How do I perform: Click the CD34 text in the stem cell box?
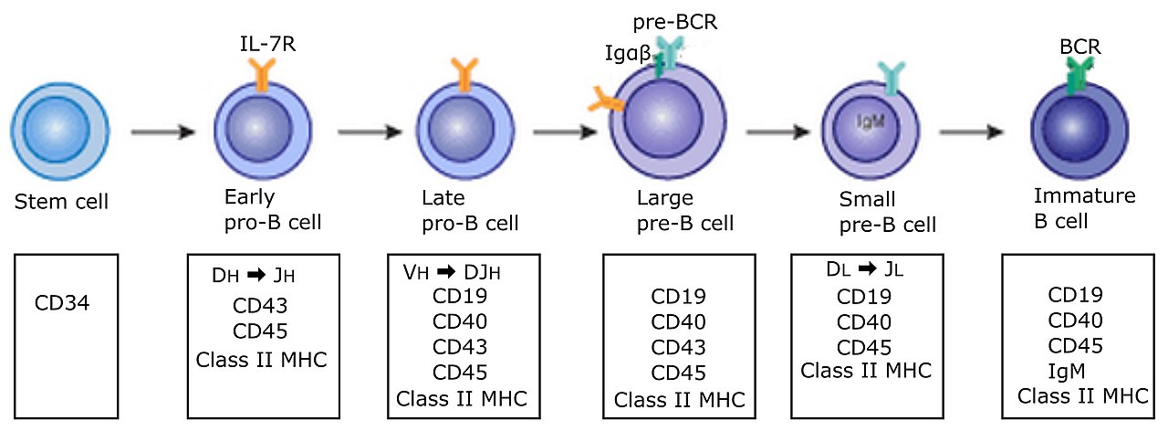62,302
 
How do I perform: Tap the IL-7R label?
267,45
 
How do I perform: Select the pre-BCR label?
675,23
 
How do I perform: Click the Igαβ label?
628,53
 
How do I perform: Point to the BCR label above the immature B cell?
1080,47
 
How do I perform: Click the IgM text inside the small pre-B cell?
871,121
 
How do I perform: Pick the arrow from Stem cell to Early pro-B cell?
162,132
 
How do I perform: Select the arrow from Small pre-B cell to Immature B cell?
972,132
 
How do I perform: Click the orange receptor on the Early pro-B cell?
262,75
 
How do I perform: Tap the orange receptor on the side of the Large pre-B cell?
606,100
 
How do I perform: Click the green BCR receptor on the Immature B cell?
1079,76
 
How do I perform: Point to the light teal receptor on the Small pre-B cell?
892,79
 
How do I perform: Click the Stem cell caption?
61,202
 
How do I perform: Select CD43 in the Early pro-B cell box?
260,306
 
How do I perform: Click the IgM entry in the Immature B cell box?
1067,372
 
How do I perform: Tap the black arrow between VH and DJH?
446,271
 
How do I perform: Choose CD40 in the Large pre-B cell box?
678,322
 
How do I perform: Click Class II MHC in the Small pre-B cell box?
866,371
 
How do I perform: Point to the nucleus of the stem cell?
57,129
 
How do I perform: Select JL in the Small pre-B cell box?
894,269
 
